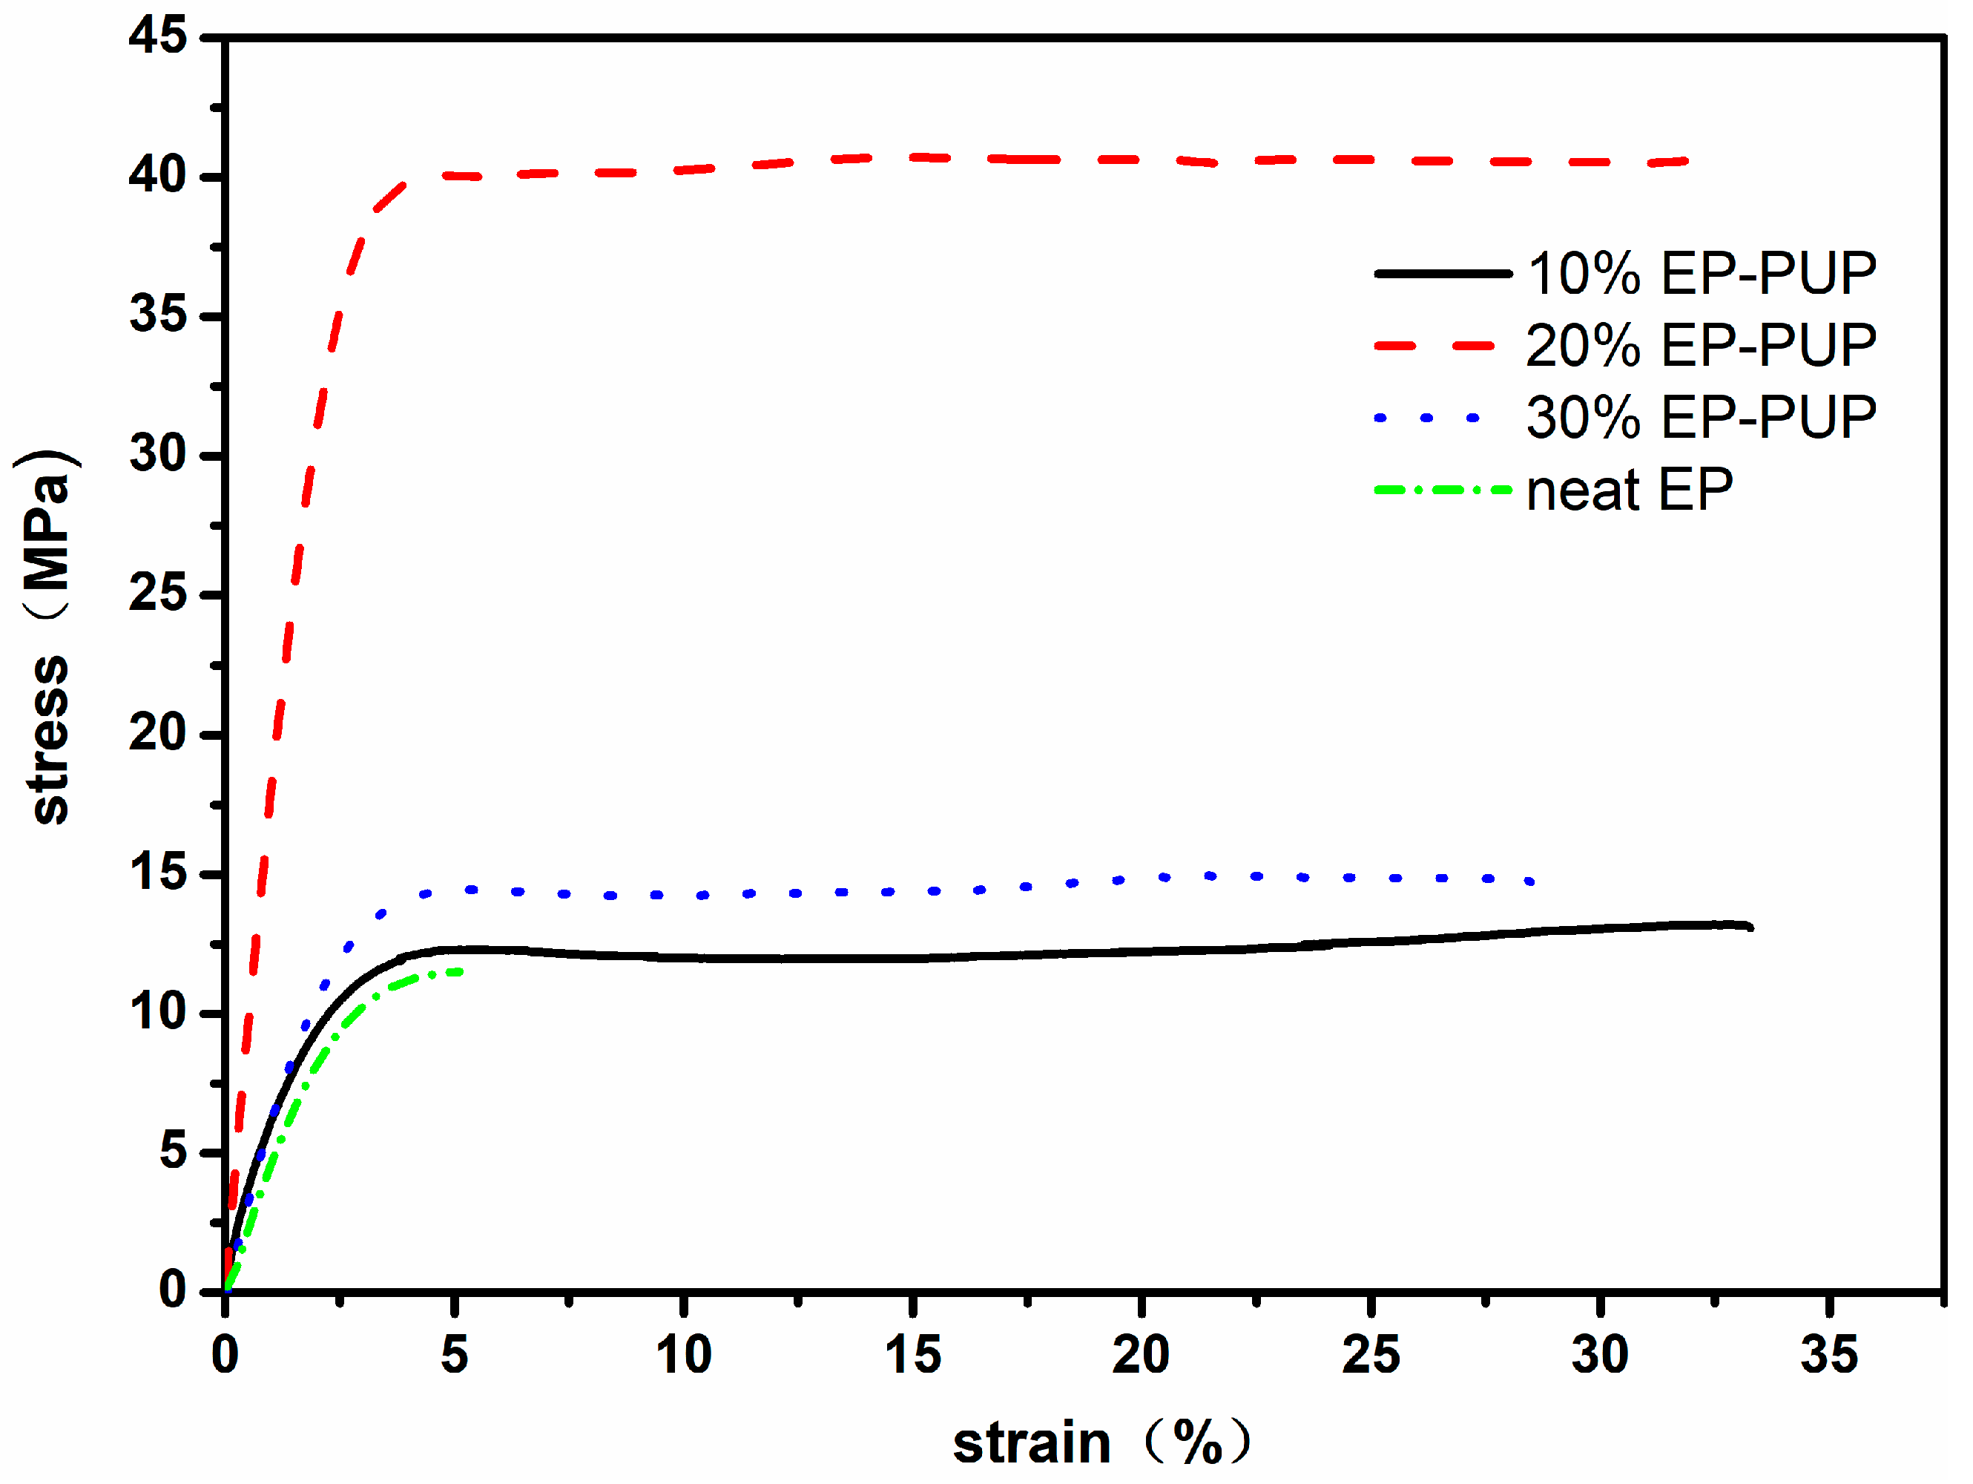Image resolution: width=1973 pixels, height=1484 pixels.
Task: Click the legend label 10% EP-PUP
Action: [1701, 274]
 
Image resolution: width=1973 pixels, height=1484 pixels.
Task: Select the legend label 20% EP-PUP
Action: [1701, 347]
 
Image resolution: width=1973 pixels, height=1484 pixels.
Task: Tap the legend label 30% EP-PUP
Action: [1701, 418]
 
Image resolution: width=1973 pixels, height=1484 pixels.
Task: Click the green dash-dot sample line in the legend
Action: [1443, 490]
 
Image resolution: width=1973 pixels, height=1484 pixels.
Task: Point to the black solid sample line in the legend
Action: [1443, 274]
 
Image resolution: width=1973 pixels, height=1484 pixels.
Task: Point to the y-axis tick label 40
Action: [158, 176]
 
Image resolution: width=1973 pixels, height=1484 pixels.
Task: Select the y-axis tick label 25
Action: [158, 594]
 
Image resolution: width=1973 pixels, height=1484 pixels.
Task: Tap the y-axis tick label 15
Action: [158, 873]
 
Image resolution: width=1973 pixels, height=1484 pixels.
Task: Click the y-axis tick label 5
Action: [173, 1153]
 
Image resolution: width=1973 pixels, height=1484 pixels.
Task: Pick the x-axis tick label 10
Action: [683, 1356]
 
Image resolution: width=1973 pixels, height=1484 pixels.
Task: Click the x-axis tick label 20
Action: [1142, 1356]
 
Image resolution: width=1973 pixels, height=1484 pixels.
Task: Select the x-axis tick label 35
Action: [1829, 1356]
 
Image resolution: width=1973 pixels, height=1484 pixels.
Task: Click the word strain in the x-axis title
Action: [1032, 1445]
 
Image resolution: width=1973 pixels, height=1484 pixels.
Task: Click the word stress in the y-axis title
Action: [51, 741]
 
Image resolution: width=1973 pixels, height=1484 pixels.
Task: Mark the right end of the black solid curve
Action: [1751, 928]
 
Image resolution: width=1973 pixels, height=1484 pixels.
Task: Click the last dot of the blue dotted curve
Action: [1532, 881]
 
